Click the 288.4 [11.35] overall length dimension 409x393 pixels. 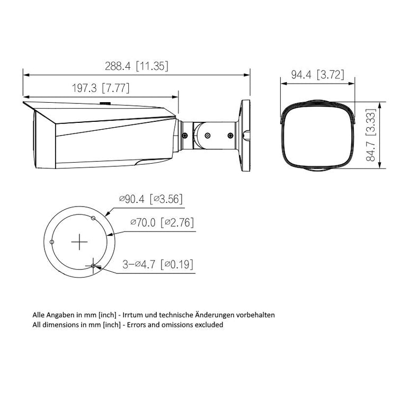point(136,66)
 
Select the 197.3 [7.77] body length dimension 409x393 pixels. point(101,88)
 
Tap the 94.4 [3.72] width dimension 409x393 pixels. point(317,75)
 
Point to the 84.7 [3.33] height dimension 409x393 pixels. point(370,135)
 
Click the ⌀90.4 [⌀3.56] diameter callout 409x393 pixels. point(151,199)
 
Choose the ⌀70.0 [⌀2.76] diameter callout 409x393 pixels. point(162,222)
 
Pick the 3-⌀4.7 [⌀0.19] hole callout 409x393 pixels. point(158,264)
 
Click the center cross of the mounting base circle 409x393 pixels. point(79,242)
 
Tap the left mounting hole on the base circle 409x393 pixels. point(52,242)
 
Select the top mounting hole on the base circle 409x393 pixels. point(93,218)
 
